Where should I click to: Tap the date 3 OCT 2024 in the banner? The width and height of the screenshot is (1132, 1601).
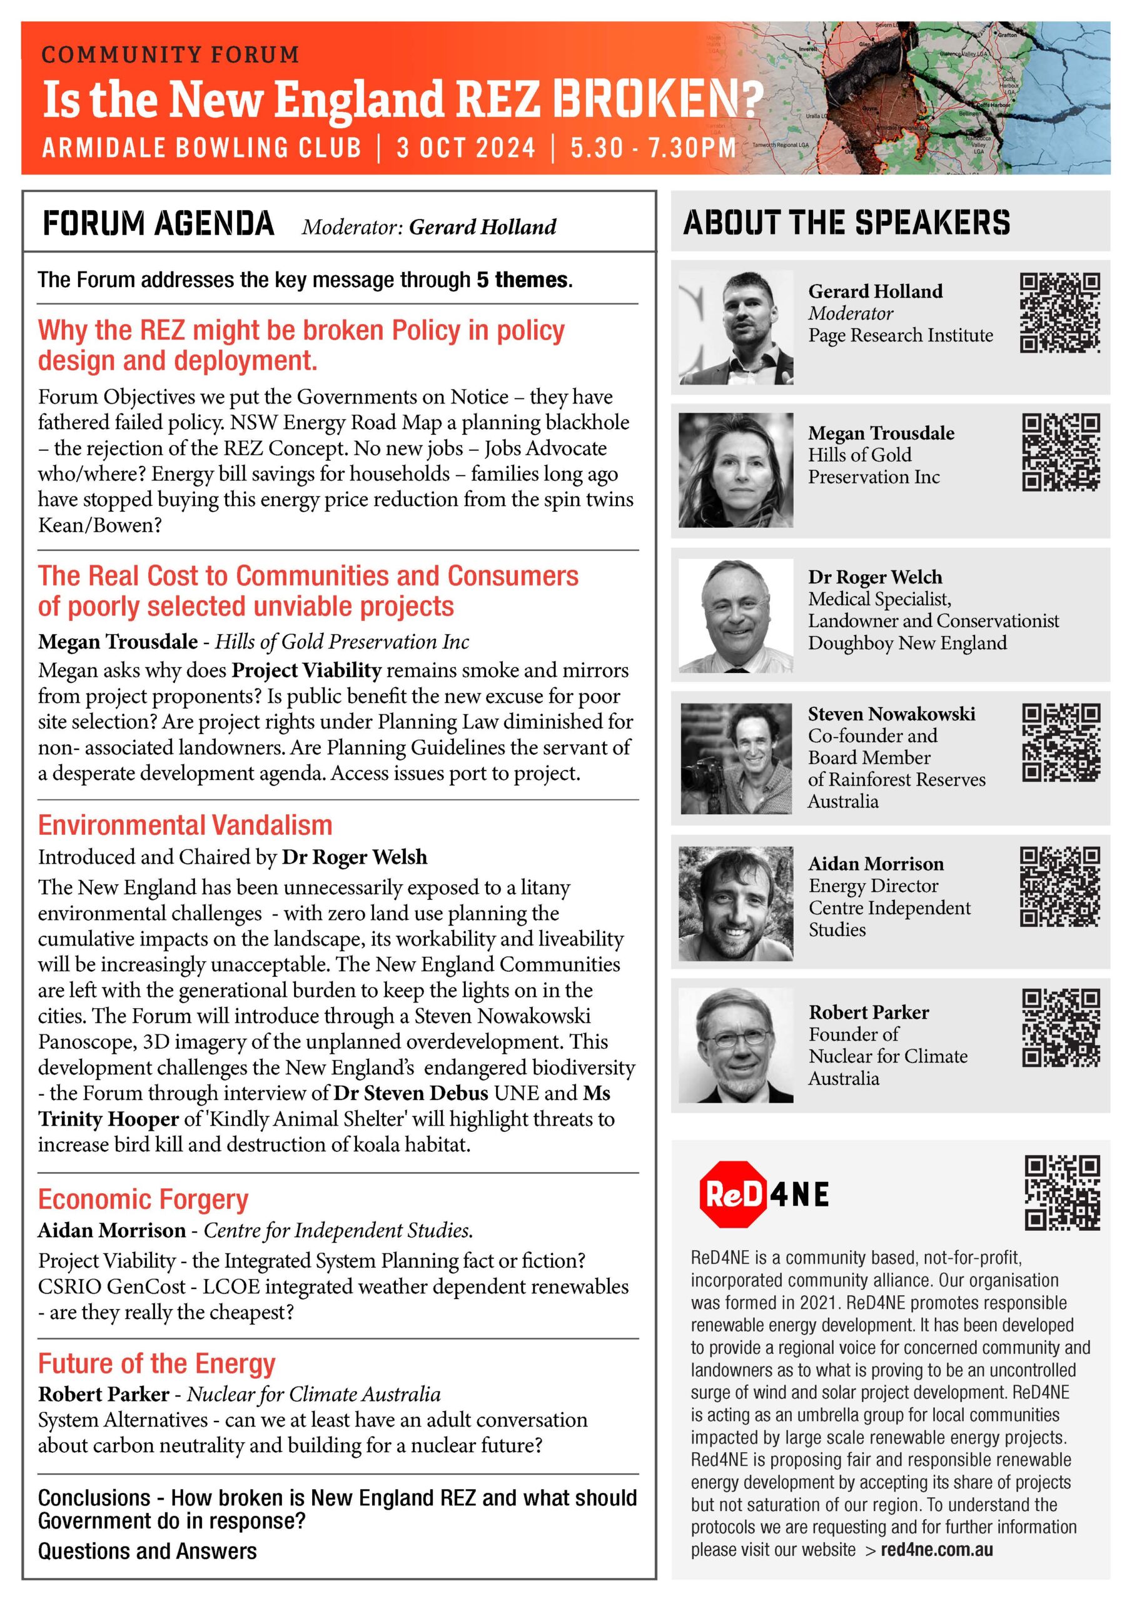(x=466, y=148)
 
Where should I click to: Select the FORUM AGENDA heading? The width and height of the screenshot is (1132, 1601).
(x=158, y=224)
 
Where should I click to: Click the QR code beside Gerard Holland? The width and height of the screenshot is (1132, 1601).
(x=1059, y=313)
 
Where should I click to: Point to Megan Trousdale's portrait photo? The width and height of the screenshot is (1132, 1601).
(x=736, y=469)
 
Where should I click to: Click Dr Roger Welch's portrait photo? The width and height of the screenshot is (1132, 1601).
(x=736, y=614)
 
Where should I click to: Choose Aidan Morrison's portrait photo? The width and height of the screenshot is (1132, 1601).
(x=736, y=903)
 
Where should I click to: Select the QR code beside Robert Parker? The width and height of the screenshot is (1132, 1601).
(x=1061, y=1027)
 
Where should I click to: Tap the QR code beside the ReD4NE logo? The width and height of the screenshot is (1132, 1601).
(x=1061, y=1193)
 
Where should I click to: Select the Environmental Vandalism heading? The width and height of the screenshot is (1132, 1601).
(x=185, y=825)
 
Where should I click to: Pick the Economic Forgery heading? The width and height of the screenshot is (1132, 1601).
(x=143, y=1199)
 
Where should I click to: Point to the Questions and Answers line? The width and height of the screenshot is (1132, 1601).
(x=147, y=1551)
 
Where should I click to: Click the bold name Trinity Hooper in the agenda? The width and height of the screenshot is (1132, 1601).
(x=108, y=1119)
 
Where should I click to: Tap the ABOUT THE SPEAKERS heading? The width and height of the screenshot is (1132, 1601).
(x=846, y=223)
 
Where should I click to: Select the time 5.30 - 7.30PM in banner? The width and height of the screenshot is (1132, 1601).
(x=653, y=148)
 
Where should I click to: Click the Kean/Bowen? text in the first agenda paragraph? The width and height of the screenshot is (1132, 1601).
(x=99, y=525)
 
